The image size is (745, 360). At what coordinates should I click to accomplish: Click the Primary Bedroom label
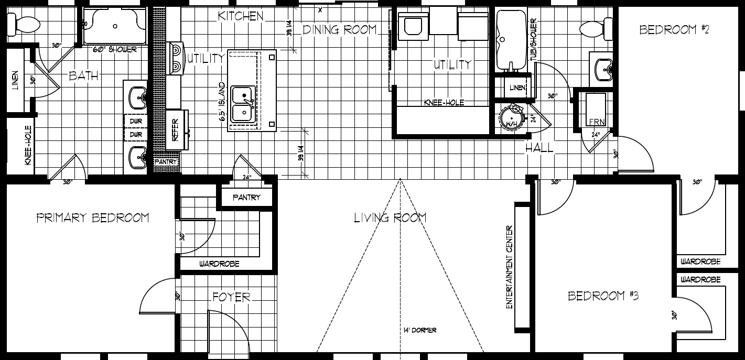pos(92,217)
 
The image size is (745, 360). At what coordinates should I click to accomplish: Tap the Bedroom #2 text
pos(674,30)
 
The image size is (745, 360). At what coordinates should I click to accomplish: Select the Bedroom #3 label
pos(603,296)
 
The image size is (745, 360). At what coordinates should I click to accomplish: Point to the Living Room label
pos(390,217)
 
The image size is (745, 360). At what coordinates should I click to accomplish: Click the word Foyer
pos(231,297)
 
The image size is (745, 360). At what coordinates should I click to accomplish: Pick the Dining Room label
pos(340,30)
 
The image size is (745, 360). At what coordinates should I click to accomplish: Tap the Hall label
pos(539,149)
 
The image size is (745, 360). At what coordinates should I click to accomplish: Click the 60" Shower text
pos(115,50)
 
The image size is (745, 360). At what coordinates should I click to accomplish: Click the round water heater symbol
pos(512,118)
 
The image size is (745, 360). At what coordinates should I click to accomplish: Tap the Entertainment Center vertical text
pos(509,267)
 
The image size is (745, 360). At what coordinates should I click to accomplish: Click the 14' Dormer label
pos(420,330)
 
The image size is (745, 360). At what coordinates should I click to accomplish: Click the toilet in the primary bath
pos(24,24)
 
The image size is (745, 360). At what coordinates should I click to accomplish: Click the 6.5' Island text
pos(222,102)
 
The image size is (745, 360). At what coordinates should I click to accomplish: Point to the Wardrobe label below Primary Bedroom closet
pos(219,264)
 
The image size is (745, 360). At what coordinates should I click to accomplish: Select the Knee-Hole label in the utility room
pos(444,103)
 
